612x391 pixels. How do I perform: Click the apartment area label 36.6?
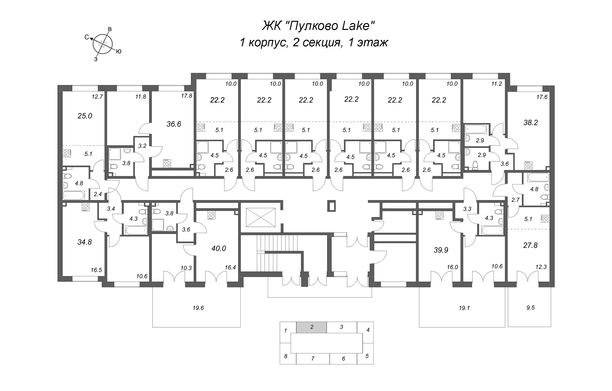point(174,124)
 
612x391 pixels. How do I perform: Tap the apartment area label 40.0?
point(219,248)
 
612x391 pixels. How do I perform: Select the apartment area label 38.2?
point(531,123)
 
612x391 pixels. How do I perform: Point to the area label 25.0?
point(85,116)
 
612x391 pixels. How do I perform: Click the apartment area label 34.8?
point(85,242)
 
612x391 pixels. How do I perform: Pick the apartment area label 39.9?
point(441,250)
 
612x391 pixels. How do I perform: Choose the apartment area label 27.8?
point(530,245)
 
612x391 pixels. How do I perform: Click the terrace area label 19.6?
point(198,308)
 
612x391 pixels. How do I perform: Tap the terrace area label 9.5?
point(530,307)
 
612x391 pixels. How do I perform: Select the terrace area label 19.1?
point(464,308)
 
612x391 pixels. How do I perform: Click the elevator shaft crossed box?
point(261,217)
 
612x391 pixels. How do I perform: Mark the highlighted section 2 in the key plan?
point(311,327)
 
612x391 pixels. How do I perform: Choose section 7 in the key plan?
point(313,359)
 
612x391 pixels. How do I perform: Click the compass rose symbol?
point(102,44)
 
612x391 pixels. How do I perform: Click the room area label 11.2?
point(497,84)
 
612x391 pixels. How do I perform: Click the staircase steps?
point(277,253)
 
